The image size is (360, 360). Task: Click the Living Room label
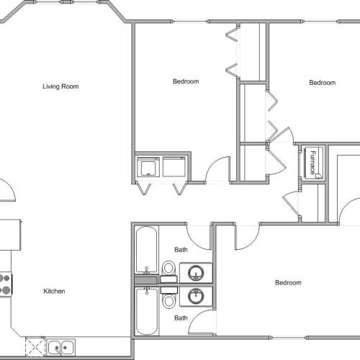tap(60, 87)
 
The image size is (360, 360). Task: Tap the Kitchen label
tap(55, 291)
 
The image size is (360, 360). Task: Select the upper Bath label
tap(181, 250)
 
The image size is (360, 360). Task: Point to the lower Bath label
tap(181, 318)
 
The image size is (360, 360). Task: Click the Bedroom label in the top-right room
tap(323, 83)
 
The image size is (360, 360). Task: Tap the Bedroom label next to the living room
tap(186, 81)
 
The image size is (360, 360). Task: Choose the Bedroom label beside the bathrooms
tap(289, 283)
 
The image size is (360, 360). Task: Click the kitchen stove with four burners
tap(6, 284)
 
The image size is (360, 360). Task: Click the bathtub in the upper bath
tap(146, 251)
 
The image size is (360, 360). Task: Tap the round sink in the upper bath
tap(196, 273)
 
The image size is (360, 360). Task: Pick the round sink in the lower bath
tap(196, 295)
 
